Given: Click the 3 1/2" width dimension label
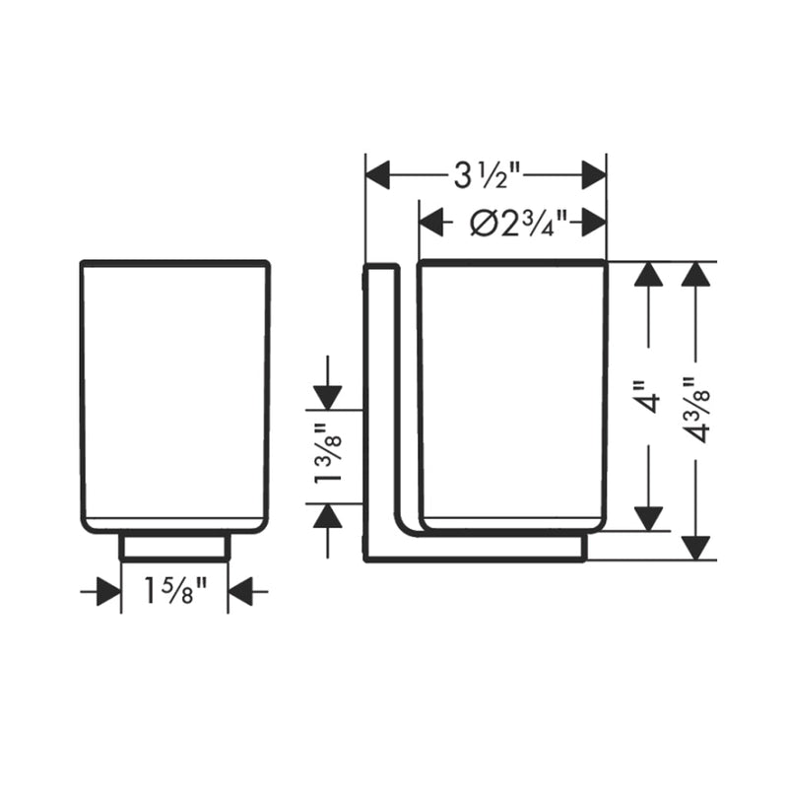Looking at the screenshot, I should [487, 177].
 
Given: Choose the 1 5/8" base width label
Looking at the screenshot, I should [174, 592].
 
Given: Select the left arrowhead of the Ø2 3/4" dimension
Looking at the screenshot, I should [431, 224].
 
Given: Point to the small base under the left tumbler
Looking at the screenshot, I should [174, 547].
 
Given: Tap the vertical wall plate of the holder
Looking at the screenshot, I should [380, 404].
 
